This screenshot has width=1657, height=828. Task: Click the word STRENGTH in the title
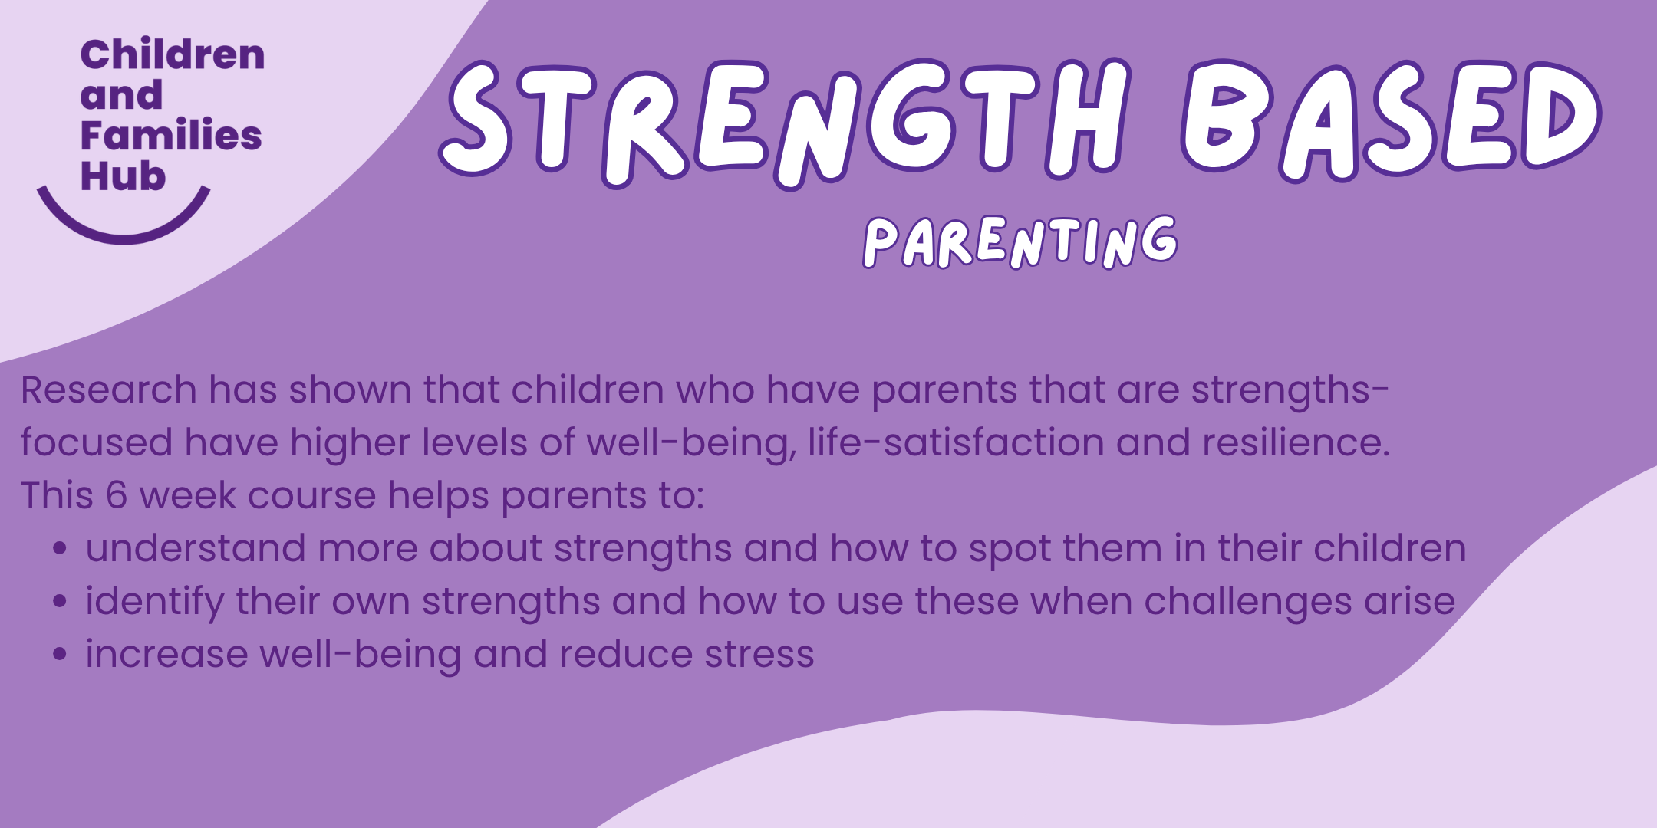click(x=782, y=123)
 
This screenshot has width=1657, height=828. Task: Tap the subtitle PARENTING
click(x=1020, y=242)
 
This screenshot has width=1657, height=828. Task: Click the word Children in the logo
click(x=173, y=55)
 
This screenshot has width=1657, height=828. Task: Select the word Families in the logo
click(x=171, y=136)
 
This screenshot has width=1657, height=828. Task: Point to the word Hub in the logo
click(x=123, y=176)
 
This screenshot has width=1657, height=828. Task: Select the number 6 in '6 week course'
click(x=117, y=495)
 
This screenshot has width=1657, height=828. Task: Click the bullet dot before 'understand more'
click(x=61, y=549)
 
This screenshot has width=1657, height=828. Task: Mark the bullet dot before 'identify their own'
click(x=61, y=602)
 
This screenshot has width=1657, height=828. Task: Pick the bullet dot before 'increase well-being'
click(x=61, y=654)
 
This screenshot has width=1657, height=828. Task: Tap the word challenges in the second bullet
click(x=1247, y=602)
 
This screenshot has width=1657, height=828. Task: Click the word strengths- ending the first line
click(x=1289, y=391)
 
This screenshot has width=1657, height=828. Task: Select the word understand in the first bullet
click(x=196, y=549)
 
